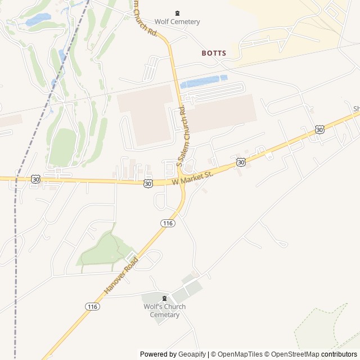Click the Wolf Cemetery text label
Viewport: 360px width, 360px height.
tap(177, 22)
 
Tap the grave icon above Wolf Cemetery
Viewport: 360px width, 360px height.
tap(177, 13)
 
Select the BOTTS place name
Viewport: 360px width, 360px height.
tap(214, 53)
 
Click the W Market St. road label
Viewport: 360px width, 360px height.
tap(193, 178)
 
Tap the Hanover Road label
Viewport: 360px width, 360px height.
tap(121, 276)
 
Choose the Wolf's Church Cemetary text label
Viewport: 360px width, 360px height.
tap(164, 310)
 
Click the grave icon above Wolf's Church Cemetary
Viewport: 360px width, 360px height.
tap(164, 298)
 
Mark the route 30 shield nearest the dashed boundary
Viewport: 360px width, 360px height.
tap(36, 179)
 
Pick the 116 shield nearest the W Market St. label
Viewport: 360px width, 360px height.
tap(168, 223)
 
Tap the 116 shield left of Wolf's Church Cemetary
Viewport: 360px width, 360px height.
tap(93, 307)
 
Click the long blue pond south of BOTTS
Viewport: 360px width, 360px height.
tap(204, 82)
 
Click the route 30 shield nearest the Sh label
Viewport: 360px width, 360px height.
tap(319, 130)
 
